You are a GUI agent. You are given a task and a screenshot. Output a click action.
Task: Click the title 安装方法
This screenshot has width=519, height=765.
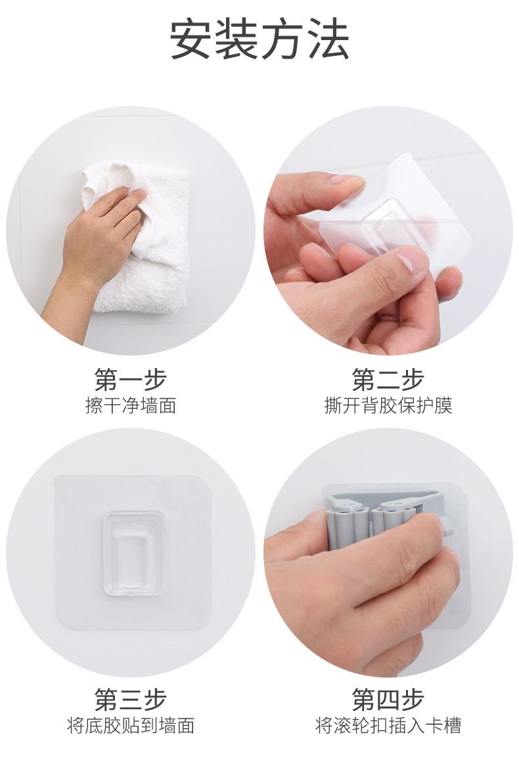(x=259, y=39)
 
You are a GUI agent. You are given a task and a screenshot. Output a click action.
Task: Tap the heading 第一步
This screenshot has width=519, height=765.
(x=131, y=379)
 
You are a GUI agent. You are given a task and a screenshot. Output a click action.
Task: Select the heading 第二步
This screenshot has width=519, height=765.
(x=388, y=379)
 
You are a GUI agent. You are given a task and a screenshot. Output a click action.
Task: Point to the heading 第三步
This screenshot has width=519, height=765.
(x=131, y=699)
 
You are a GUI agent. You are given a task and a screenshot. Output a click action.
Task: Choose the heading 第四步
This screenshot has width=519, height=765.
(x=388, y=699)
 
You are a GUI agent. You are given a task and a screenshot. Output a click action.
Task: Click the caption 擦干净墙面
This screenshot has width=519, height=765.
(x=131, y=406)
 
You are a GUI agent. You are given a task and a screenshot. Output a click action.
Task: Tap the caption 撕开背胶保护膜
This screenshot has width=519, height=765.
(x=388, y=406)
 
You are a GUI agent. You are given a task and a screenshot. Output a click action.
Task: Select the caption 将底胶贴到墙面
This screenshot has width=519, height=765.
(x=131, y=726)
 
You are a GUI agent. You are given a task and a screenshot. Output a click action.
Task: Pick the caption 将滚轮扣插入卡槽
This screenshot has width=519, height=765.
(x=388, y=726)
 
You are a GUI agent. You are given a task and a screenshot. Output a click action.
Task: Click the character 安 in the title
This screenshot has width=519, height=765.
(x=192, y=39)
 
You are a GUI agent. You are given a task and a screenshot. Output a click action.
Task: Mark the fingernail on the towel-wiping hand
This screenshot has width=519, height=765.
(x=141, y=194)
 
